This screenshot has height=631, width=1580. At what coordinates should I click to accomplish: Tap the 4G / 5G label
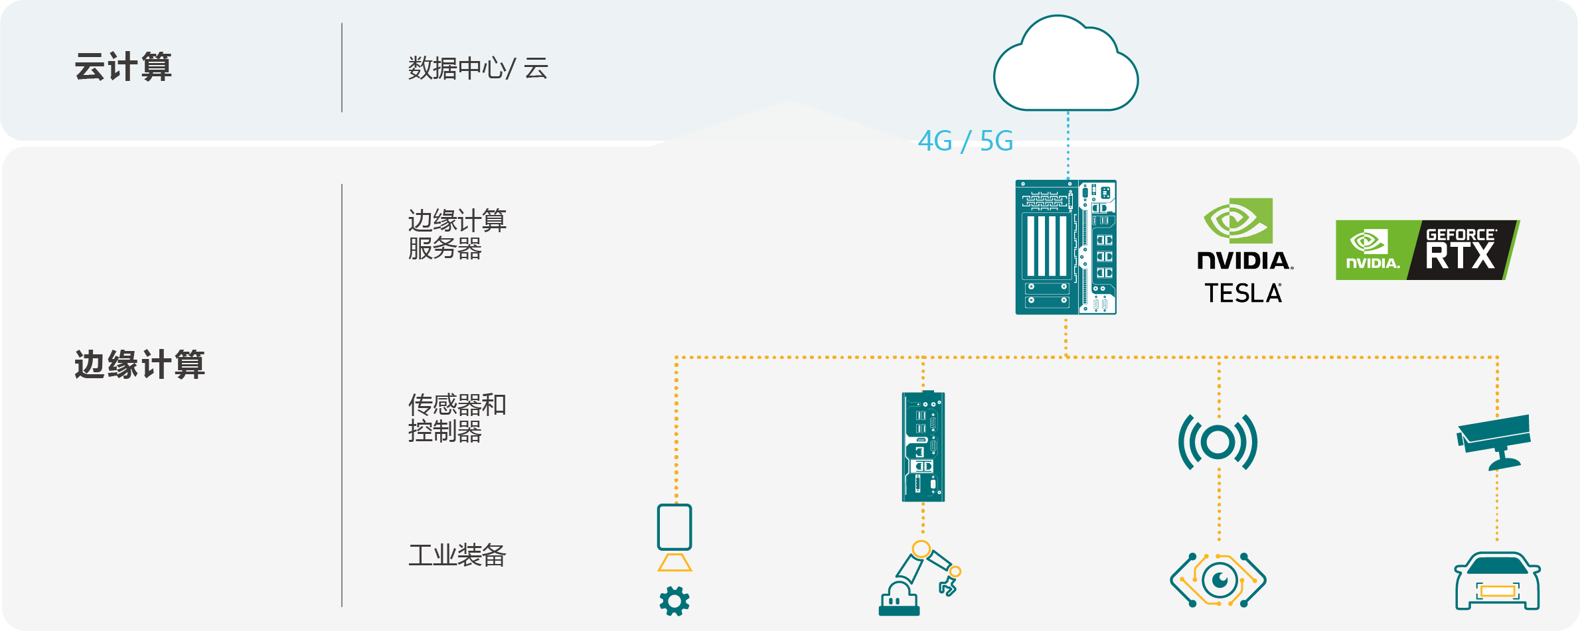pyautogui.click(x=965, y=141)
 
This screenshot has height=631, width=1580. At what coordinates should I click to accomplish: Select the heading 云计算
pyautogui.click(x=123, y=67)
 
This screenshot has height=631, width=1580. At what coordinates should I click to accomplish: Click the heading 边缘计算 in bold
pyautogui.click(x=139, y=364)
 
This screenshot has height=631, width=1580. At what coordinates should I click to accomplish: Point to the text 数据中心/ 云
pyautogui.click(x=478, y=68)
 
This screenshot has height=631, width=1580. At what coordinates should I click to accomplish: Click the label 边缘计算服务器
pyautogui.click(x=457, y=234)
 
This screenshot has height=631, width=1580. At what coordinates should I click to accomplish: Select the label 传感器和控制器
pyautogui.click(x=457, y=417)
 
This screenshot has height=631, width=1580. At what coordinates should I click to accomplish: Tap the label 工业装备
pyautogui.click(x=457, y=555)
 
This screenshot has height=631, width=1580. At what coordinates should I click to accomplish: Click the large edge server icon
pyautogui.click(x=1066, y=247)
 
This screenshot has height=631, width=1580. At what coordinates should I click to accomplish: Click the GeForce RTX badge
pyautogui.click(x=1427, y=250)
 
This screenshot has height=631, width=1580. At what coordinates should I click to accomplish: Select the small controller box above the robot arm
pyautogui.click(x=923, y=447)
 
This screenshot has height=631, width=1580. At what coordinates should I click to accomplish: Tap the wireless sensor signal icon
pyautogui.click(x=1218, y=442)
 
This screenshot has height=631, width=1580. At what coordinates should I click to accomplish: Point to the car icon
pyautogui.click(x=1497, y=581)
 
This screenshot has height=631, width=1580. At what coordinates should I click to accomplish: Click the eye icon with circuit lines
pyautogui.click(x=1218, y=581)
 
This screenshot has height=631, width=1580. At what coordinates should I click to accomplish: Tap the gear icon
pyautogui.click(x=674, y=601)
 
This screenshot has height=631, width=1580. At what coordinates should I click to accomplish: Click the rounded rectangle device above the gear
pyautogui.click(x=674, y=527)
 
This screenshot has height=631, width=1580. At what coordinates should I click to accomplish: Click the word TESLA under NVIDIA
pyautogui.click(x=1243, y=293)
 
